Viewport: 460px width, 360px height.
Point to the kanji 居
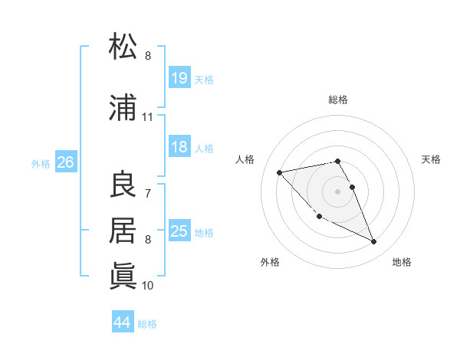[x=123, y=230]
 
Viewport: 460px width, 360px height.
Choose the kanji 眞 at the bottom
[x=123, y=274]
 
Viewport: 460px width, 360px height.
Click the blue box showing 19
[x=179, y=78]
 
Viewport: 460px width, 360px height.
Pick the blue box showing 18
[x=179, y=147]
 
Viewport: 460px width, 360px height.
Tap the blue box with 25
[x=179, y=231]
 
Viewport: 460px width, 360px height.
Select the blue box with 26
[x=66, y=162]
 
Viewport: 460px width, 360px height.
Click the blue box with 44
[x=123, y=322]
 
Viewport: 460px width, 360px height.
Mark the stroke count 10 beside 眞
[x=148, y=285]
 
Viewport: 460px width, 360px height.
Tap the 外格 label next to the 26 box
[x=41, y=163]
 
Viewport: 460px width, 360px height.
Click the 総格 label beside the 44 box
[x=147, y=324]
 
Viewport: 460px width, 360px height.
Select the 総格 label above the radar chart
[x=338, y=100]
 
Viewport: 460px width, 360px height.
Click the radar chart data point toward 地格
[x=373, y=242]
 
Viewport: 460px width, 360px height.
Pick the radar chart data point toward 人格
[x=280, y=172]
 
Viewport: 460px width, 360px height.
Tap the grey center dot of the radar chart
[x=338, y=191]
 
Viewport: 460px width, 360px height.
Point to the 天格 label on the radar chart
[x=432, y=159]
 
